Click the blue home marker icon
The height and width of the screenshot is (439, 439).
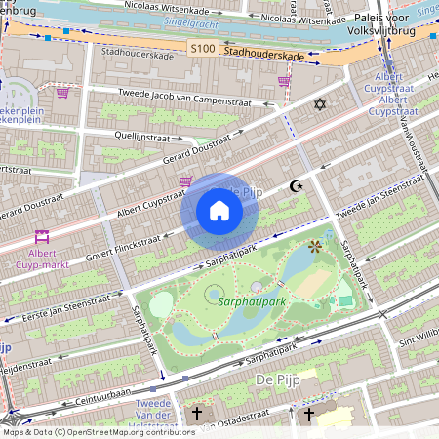tap(219, 211)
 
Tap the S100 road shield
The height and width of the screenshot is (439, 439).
tap(202, 48)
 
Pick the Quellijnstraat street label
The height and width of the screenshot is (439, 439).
tap(148, 138)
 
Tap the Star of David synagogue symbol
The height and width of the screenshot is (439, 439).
tap(317, 104)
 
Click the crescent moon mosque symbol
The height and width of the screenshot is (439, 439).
tap(297, 186)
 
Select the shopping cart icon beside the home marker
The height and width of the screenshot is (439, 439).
tap(185, 181)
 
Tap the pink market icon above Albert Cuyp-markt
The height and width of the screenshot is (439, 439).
tap(42, 235)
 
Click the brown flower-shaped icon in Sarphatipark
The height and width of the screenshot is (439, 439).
tap(314, 247)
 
